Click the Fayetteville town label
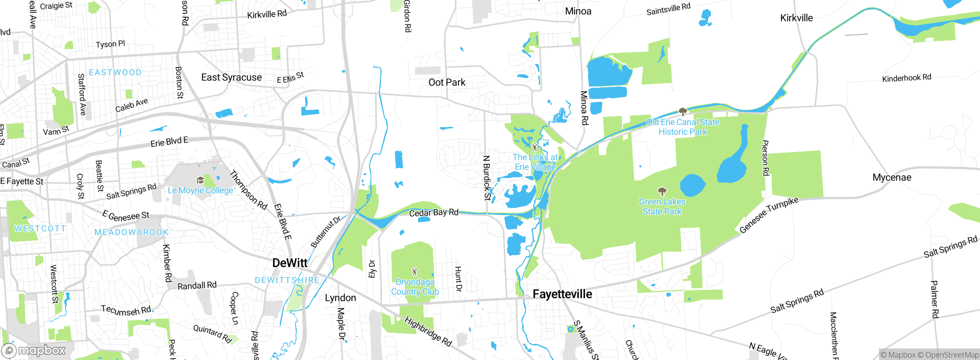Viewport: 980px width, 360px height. tap(562, 294)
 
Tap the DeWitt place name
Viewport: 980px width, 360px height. tap(290, 263)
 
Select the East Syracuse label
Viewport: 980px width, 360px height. tap(231, 77)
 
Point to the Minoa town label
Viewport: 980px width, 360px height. tap(578, 11)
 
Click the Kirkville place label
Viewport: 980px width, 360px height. tap(796, 18)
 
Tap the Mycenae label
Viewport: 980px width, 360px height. tap(892, 178)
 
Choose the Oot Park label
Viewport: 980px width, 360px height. tap(447, 82)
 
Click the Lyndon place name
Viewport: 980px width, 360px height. tap(340, 298)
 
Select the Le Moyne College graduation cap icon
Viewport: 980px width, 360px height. tap(200, 180)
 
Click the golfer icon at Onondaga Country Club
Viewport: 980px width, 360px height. tap(415, 272)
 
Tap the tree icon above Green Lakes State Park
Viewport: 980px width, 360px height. tap(662, 191)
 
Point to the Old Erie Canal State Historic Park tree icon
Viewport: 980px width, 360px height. tap(683, 111)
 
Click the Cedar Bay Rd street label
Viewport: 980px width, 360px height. tap(433, 213)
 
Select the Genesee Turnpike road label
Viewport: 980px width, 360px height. tap(769, 215)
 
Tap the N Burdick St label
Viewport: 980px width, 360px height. tap(487, 178)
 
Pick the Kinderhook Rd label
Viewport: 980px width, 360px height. tap(906, 78)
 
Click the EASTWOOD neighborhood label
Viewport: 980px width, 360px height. tap(115, 72)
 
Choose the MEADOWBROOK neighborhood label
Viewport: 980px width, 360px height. tap(131, 232)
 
